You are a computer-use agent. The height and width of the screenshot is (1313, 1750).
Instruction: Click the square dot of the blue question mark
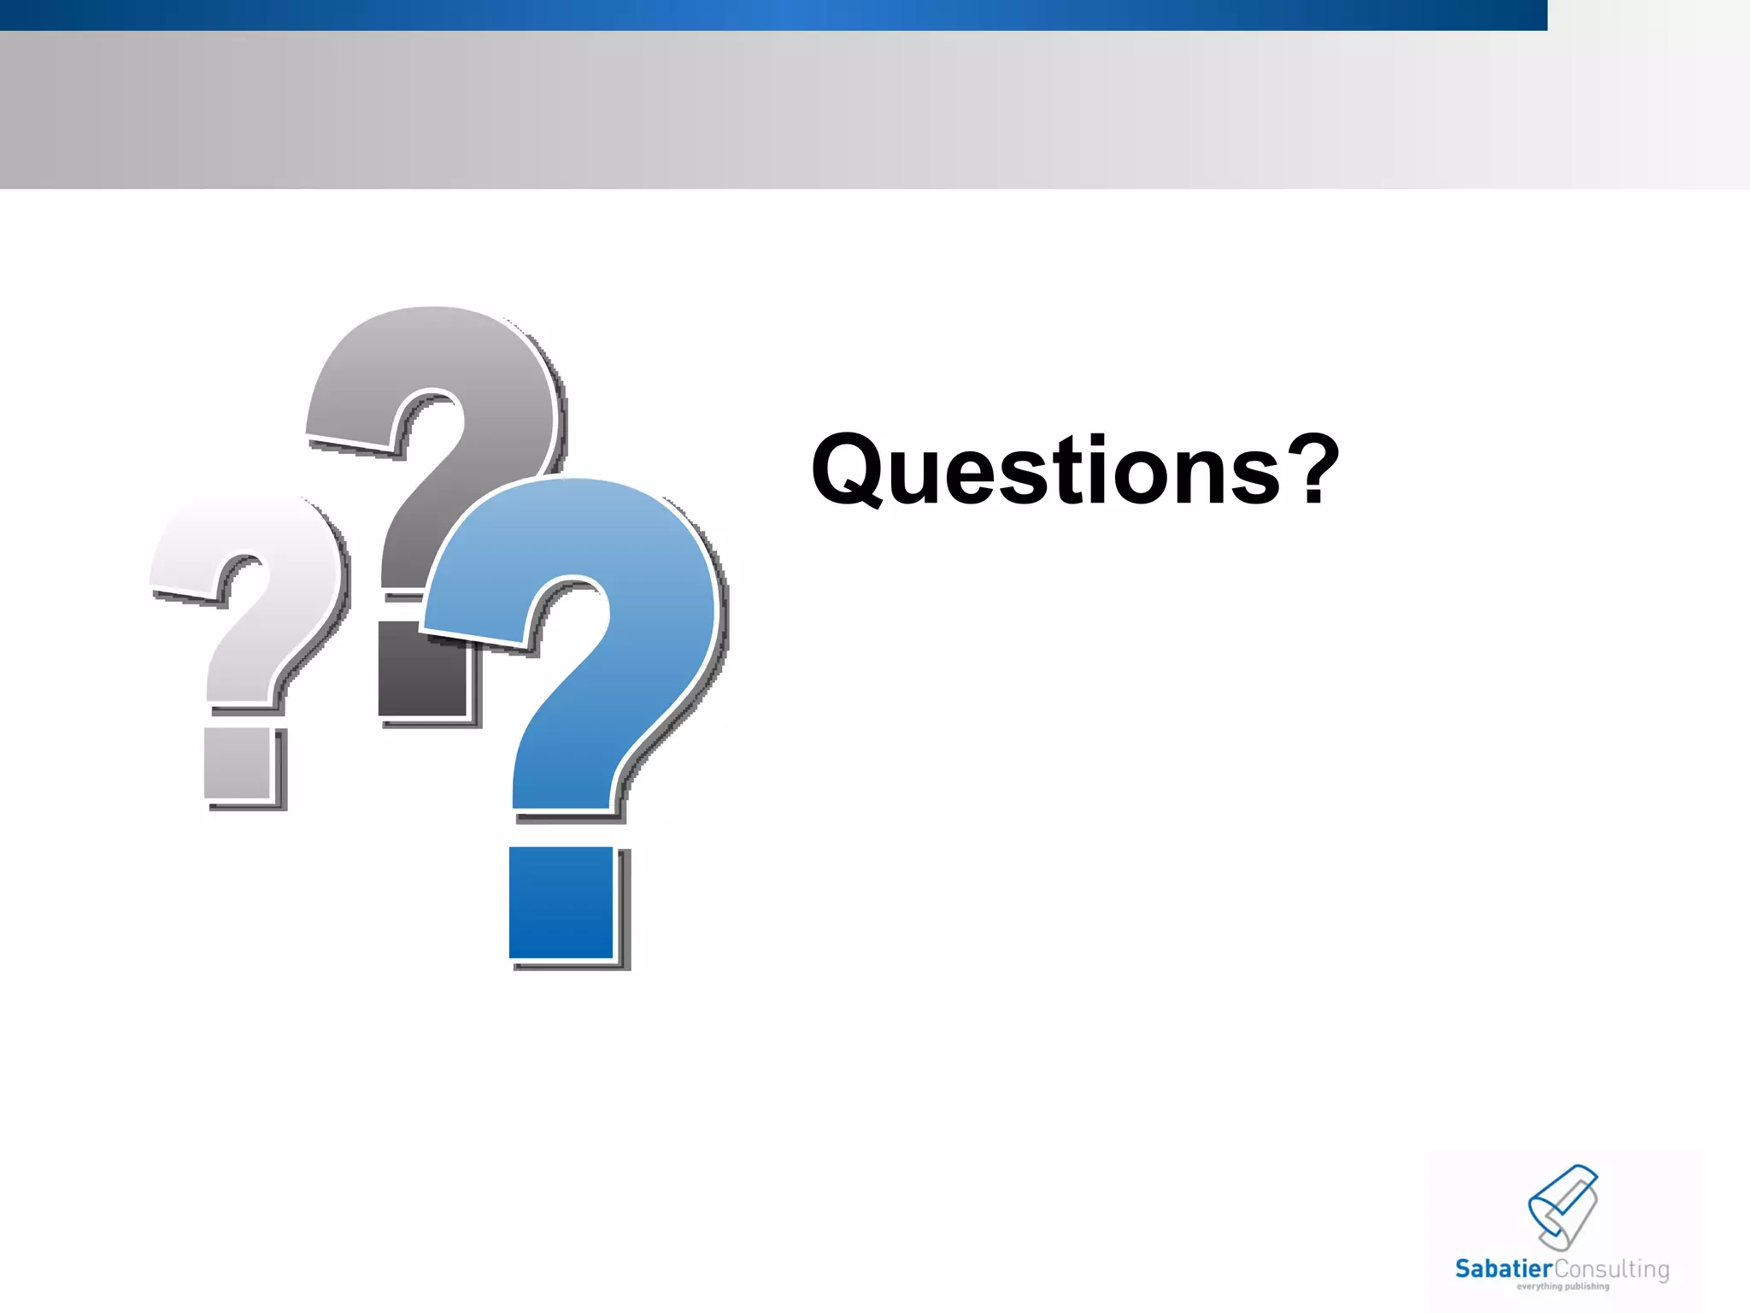(561, 902)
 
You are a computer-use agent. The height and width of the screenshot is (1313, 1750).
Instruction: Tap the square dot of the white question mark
(237, 763)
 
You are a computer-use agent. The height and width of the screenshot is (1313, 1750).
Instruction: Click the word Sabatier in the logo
(1503, 1269)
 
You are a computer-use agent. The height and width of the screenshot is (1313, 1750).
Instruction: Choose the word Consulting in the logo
(1611, 1269)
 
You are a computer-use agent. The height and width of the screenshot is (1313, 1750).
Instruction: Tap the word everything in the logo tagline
(1540, 1287)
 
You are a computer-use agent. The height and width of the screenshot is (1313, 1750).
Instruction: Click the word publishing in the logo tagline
(1587, 1287)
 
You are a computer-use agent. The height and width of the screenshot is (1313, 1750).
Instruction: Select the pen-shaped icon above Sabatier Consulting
(1563, 1205)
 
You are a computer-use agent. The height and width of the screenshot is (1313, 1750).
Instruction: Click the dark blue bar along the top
(769, 15)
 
